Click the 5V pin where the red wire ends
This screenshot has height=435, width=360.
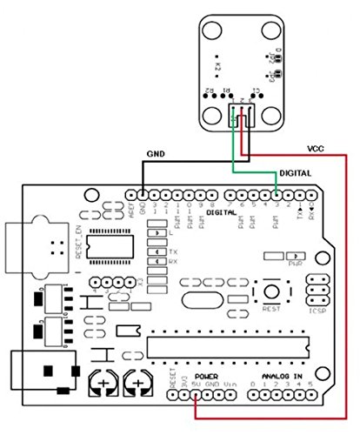coord(197,395)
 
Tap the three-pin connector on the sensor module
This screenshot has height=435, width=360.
coord(241,113)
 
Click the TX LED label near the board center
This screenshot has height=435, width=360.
coord(172,252)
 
